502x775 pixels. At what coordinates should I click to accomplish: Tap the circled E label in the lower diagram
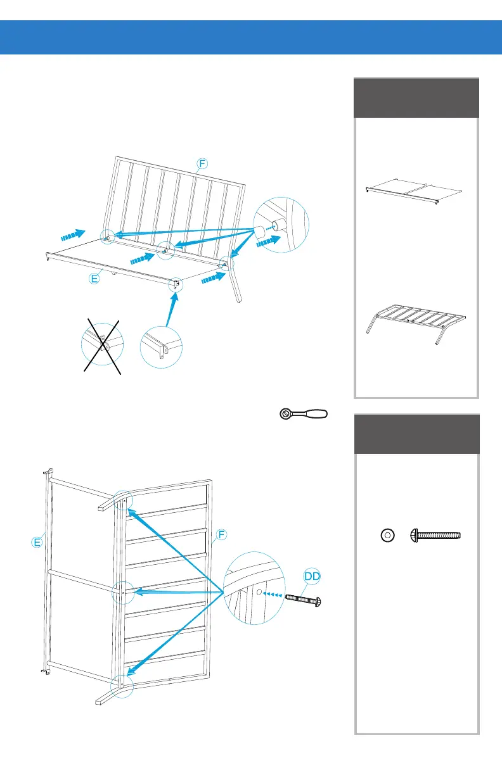(x=38, y=541)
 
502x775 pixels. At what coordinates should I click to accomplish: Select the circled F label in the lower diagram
(x=221, y=535)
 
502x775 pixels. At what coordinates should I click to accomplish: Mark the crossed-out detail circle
(x=102, y=346)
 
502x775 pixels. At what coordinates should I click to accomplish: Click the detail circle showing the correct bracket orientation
(x=161, y=346)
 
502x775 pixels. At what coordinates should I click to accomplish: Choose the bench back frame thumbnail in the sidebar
(x=416, y=324)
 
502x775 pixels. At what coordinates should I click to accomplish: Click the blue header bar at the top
(x=251, y=37)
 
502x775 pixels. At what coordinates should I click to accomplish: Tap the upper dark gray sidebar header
(x=415, y=98)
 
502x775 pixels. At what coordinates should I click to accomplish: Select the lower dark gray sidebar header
(x=415, y=434)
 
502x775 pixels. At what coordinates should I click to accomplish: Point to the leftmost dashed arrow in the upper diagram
(x=73, y=236)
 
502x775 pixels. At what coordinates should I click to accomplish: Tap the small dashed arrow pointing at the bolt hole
(x=273, y=595)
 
